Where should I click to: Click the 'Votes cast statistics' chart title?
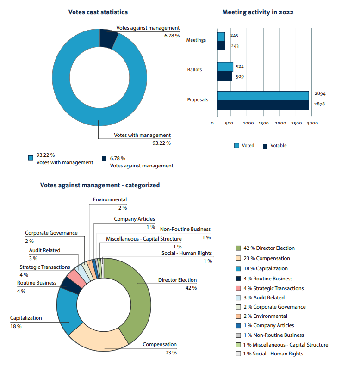(98, 12)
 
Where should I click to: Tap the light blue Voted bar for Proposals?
(263, 96)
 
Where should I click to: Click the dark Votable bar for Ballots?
(225, 76)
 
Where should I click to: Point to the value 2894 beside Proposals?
(320, 93)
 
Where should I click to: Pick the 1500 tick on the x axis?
(264, 124)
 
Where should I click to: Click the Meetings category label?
(196, 40)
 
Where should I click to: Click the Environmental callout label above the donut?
(110, 200)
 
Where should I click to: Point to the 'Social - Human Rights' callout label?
(186, 254)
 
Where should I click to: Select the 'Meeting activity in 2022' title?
(258, 12)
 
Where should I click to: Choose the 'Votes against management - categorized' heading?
(100, 185)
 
